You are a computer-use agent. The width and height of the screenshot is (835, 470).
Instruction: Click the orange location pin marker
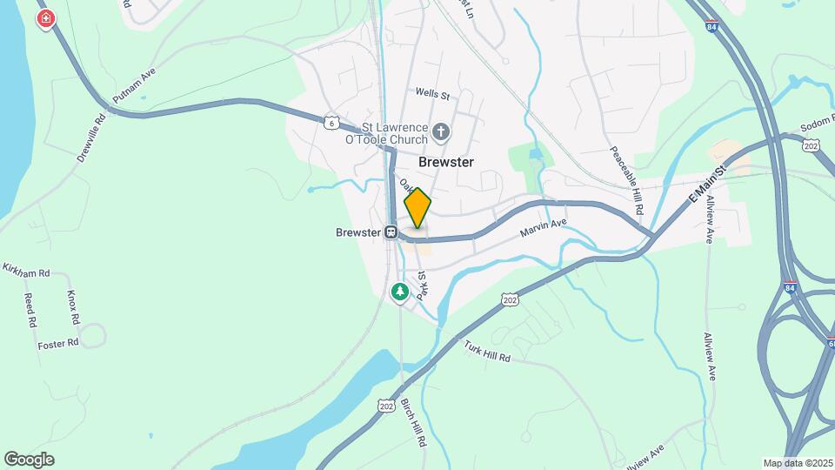point(417,206)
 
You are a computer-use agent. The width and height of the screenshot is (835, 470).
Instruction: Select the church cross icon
point(441,132)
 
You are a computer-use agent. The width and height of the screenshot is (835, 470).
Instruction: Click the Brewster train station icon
point(392,232)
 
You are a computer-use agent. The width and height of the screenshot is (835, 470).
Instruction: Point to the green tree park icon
point(400,292)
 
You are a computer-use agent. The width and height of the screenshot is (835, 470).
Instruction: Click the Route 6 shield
point(331,123)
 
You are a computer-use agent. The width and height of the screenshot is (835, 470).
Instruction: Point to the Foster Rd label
point(58,344)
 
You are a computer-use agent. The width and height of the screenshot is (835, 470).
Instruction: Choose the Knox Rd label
point(73,306)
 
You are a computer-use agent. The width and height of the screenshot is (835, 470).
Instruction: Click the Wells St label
point(432,93)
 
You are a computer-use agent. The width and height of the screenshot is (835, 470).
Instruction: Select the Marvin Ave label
point(543,229)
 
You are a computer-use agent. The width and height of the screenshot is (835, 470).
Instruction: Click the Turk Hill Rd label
point(487,352)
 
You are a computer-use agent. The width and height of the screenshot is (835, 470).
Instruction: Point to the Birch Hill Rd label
point(414,424)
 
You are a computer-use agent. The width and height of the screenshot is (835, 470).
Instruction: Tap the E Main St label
point(707,185)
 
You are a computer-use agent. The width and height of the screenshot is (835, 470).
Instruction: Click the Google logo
point(29,459)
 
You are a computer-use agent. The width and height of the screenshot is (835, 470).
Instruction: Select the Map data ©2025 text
point(797,463)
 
